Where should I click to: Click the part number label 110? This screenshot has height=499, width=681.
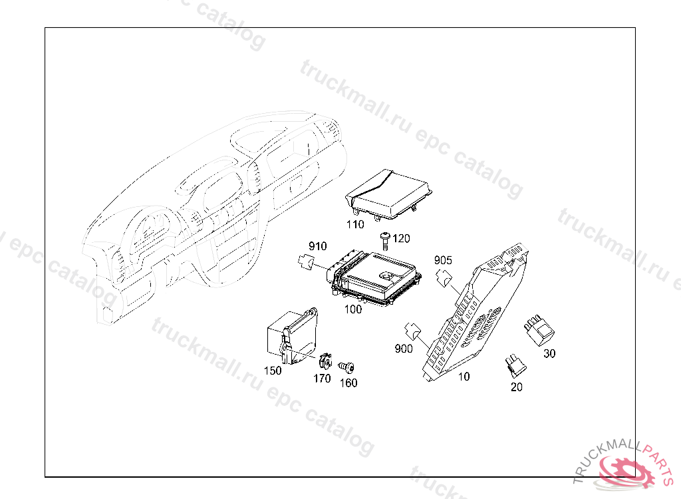pyautogui.click(x=356, y=224)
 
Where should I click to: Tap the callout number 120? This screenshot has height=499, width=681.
pyautogui.click(x=402, y=239)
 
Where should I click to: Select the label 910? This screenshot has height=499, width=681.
pyautogui.click(x=317, y=246)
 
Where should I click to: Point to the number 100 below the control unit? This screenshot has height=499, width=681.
pyautogui.click(x=352, y=309)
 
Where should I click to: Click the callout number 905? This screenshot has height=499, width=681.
pyautogui.click(x=443, y=259)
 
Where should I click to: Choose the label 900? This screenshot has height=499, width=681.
pyautogui.click(x=404, y=349)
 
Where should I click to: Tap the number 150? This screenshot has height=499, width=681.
pyautogui.click(x=273, y=371)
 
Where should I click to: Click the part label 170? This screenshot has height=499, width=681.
pyautogui.click(x=322, y=379)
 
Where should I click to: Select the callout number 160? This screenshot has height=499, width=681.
pyautogui.click(x=348, y=383)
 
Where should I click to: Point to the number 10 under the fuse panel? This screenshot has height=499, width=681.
pyautogui.click(x=464, y=377)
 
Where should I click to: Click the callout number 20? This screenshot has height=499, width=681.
pyautogui.click(x=516, y=387)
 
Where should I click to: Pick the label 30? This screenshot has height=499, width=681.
pyautogui.click(x=549, y=354)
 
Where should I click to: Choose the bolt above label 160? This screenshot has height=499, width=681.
pyautogui.click(x=345, y=367)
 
